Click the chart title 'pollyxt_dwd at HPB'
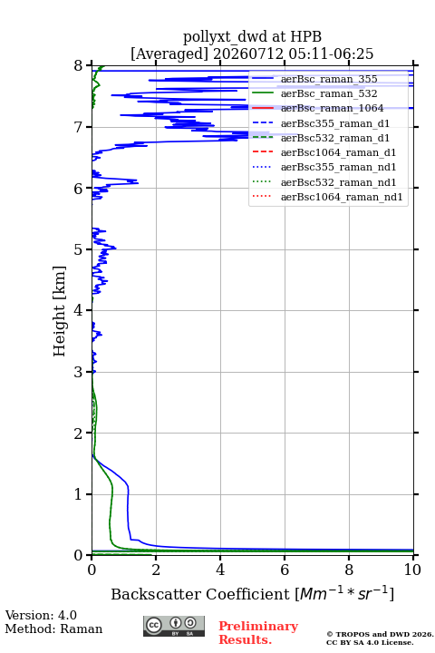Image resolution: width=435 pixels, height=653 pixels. (x=252, y=37)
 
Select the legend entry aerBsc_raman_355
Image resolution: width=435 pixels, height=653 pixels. (x=329, y=79)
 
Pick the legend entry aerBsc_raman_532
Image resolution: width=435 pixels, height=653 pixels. (x=329, y=93)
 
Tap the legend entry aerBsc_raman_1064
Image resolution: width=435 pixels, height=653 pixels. (x=332, y=108)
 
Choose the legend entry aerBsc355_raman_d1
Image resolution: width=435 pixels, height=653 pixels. (x=335, y=123)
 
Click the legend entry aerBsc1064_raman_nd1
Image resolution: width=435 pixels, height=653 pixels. (x=342, y=197)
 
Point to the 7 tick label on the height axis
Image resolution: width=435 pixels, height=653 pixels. (x=79, y=127)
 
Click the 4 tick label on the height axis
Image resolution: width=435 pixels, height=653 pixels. (x=79, y=310)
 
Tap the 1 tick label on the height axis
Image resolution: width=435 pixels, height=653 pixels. (x=79, y=494)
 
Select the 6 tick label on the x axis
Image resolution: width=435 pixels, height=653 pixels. (x=285, y=570)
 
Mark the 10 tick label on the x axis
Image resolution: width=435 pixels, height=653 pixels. (x=412, y=570)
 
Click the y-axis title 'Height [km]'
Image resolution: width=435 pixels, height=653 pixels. (x=60, y=311)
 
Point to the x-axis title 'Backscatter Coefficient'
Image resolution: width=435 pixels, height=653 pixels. (x=199, y=594)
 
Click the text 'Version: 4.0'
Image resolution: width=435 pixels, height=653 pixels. (x=41, y=615)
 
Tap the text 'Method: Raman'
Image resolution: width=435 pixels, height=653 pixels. (x=53, y=629)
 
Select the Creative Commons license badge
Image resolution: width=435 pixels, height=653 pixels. (x=174, y=626)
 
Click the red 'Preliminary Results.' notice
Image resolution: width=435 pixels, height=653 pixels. (x=258, y=633)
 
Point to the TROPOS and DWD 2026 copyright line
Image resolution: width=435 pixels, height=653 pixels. (x=380, y=634)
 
